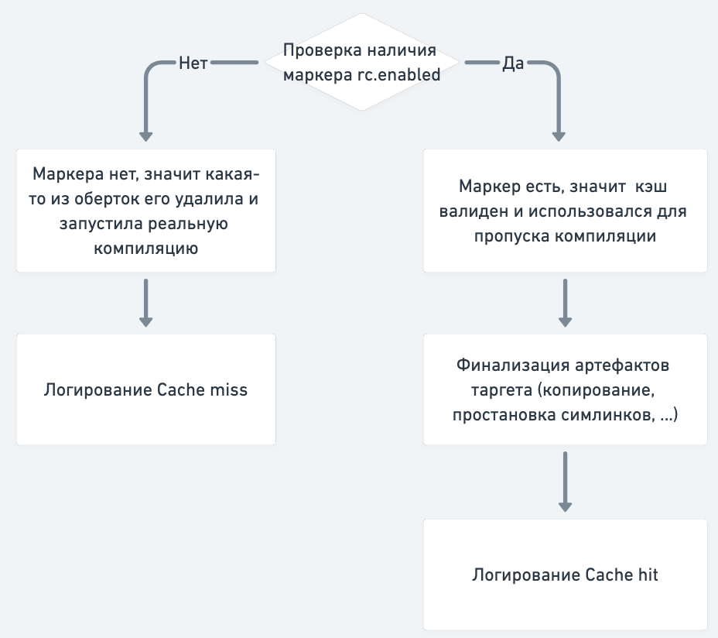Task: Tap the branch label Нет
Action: pos(193,63)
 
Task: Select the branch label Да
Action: pos(514,63)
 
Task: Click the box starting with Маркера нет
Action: pos(146,210)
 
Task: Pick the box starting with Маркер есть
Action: pos(565,210)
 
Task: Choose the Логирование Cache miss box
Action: pos(146,389)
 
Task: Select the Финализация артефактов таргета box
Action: pos(565,389)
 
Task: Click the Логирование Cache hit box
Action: pos(565,574)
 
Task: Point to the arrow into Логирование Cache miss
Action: pos(146,303)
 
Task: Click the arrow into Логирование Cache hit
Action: pos(565,482)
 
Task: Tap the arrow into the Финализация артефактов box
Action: pos(565,303)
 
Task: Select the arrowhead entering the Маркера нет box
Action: pos(146,133)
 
